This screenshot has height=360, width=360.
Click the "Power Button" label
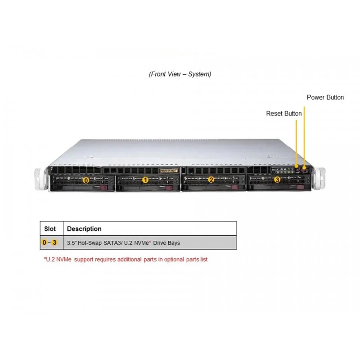coord(325,97)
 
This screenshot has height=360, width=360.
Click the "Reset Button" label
coord(284,113)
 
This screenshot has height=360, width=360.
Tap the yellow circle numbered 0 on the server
coord(86,181)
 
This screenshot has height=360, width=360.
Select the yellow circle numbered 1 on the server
coord(145,180)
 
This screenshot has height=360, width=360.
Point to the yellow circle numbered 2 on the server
coord(211,180)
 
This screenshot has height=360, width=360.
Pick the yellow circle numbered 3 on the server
coord(277,180)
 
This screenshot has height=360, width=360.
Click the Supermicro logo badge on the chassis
coord(169,171)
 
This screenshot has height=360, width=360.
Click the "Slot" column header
coord(50,229)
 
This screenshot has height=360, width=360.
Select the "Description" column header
coord(84,229)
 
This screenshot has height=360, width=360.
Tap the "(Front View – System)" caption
coord(180,74)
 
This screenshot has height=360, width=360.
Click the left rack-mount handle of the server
coord(39,179)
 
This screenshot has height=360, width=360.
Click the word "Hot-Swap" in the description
coord(90,243)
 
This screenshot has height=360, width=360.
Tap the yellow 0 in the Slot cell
coord(44,243)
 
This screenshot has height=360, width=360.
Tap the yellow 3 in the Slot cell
coord(54,243)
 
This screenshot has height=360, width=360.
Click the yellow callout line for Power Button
coord(305,137)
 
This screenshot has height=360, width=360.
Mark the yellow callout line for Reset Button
coord(297,143)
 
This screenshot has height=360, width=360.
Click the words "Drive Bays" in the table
coord(166,243)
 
